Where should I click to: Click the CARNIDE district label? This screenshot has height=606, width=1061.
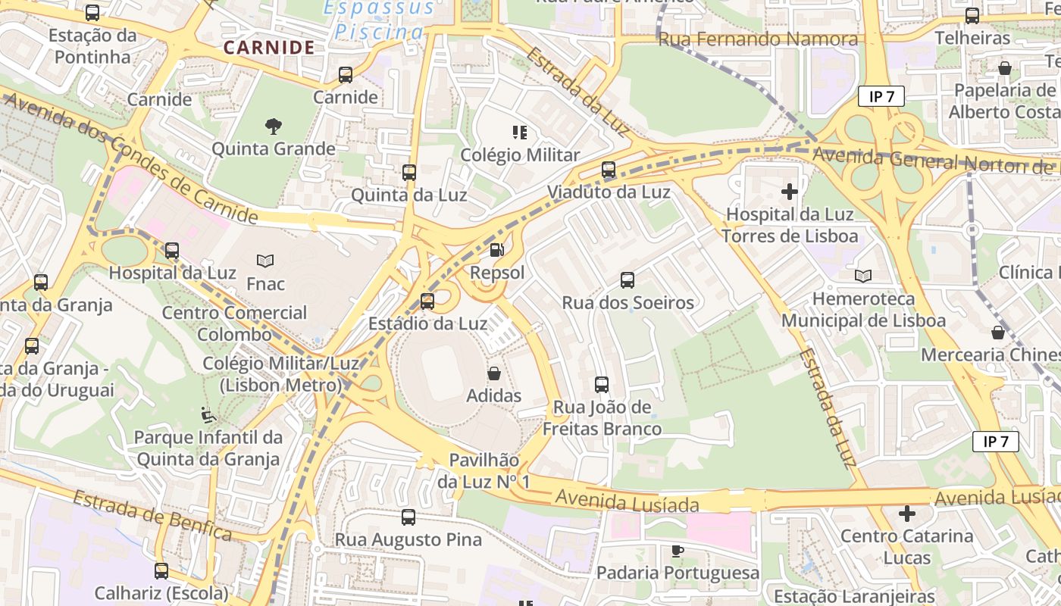tap(269, 48)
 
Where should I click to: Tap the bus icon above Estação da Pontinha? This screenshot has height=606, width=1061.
tap(92, 13)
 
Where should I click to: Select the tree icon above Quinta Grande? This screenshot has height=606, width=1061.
tap(273, 126)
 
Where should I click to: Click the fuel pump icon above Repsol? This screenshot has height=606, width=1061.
tap(497, 249)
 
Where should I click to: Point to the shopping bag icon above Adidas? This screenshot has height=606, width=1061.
tap(494, 373)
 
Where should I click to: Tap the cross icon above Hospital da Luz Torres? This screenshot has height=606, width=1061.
tap(790, 192)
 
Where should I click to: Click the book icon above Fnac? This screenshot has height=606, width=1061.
tap(265, 261)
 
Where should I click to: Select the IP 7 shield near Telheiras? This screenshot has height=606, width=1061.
tap(881, 96)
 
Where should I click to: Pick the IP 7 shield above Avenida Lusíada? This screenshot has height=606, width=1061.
tap(996, 442)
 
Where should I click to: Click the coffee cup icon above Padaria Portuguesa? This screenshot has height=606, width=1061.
tap(678, 551)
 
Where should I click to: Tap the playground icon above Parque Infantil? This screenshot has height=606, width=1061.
tap(208, 415)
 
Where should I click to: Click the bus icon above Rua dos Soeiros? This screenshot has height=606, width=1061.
tap(628, 280)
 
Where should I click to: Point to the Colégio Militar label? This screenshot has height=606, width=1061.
tap(521, 155)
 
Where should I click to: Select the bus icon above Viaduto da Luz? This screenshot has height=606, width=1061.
tap(609, 170)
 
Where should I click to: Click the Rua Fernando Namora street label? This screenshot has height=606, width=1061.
tap(758, 39)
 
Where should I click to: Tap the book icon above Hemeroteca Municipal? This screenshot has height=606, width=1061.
tap(863, 276)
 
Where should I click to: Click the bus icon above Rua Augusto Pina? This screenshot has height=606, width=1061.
tap(408, 517)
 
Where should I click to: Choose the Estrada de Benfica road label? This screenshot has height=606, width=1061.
tap(152, 516)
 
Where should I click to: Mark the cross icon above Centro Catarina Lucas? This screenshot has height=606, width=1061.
tap(907, 514)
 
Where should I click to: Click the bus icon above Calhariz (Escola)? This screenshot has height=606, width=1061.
tap(161, 571)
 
